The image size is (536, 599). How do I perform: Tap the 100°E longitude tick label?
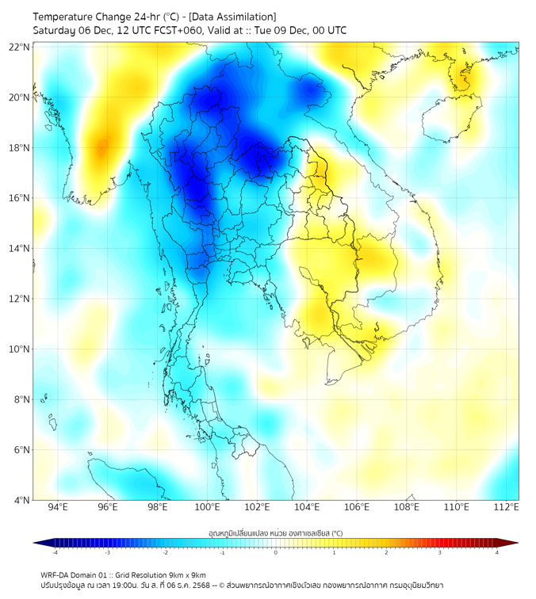coord(207,508)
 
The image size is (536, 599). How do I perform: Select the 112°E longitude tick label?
coord(505,508)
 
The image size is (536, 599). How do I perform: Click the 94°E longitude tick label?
coord(58,508)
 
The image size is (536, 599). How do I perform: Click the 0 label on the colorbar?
coord(276,552)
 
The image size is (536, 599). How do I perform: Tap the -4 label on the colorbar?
coord(54,552)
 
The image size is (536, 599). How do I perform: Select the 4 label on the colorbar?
coord(497,552)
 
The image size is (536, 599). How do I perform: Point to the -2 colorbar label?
coord(164,552)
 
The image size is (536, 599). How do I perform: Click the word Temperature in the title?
coord(68,17)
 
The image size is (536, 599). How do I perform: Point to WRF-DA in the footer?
coord(56,574)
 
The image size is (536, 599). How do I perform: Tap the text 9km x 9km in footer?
coord(185,574)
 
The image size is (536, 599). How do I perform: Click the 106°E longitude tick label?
coord(357,508)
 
